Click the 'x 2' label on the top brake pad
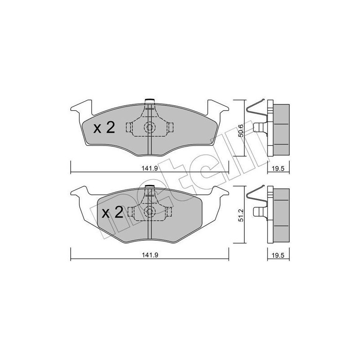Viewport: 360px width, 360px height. click(104, 128)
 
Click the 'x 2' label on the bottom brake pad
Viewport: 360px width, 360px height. click(112, 212)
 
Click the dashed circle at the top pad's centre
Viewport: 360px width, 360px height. click(149, 127)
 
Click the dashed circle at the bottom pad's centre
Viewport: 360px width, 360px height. click(149, 212)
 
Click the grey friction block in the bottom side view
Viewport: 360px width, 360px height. click(282, 212)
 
